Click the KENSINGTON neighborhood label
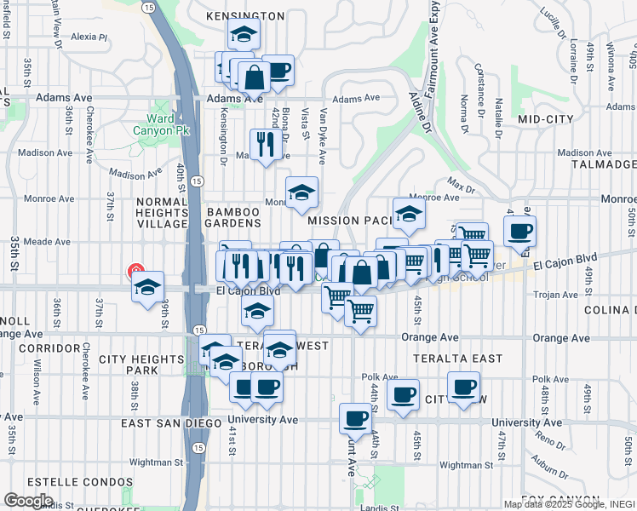(245, 16)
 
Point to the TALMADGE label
(604, 164)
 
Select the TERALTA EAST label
(458, 359)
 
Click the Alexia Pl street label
(89, 37)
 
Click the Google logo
(28, 500)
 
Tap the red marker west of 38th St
(135, 272)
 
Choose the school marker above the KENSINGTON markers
(244, 35)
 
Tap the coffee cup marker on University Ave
(355, 418)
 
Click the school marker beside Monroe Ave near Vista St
(301, 193)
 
